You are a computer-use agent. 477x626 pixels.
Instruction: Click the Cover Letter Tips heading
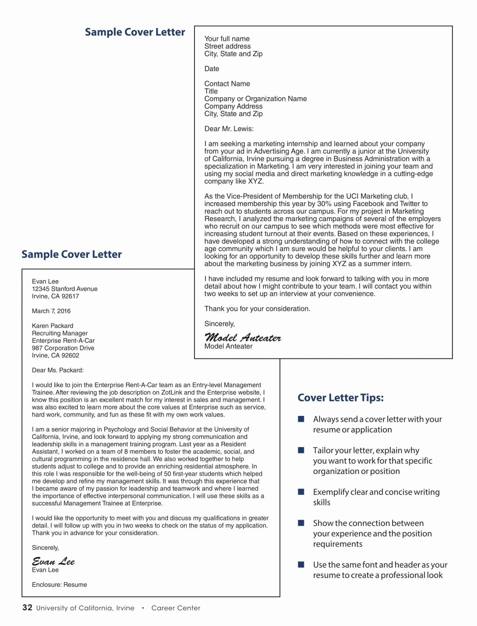(x=340, y=398)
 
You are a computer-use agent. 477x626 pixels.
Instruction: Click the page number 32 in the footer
(x=27, y=607)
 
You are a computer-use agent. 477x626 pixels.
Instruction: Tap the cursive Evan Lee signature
(x=53, y=561)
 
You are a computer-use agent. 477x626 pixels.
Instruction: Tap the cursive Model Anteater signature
(x=243, y=338)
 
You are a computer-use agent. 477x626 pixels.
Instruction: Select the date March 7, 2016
(x=51, y=311)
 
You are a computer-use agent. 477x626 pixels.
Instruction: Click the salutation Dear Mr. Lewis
(x=229, y=129)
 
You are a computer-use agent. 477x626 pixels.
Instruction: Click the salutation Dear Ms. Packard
(x=58, y=370)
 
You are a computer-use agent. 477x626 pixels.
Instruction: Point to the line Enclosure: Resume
(x=59, y=585)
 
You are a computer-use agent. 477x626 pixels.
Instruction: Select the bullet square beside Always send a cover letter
(x=301, y=419)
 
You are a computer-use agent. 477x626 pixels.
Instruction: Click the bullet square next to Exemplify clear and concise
(x=301, y=492)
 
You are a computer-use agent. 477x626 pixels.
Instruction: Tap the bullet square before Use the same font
(x=301, y=564)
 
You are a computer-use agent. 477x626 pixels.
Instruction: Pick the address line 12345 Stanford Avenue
(x=65, y=289)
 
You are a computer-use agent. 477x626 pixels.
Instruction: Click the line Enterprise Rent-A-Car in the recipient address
(x=63, y=341)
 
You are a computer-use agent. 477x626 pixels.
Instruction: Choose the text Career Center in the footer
(x=176, y=608)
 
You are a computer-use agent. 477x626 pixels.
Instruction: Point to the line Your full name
(x=227, y=39)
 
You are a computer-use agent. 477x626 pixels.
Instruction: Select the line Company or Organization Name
(x=255, y=99)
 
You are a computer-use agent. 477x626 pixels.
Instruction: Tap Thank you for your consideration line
(x=257, y=309)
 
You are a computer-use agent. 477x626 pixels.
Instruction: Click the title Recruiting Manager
(x=60, y=333)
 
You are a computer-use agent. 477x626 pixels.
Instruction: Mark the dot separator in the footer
(x=143, y=608)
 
